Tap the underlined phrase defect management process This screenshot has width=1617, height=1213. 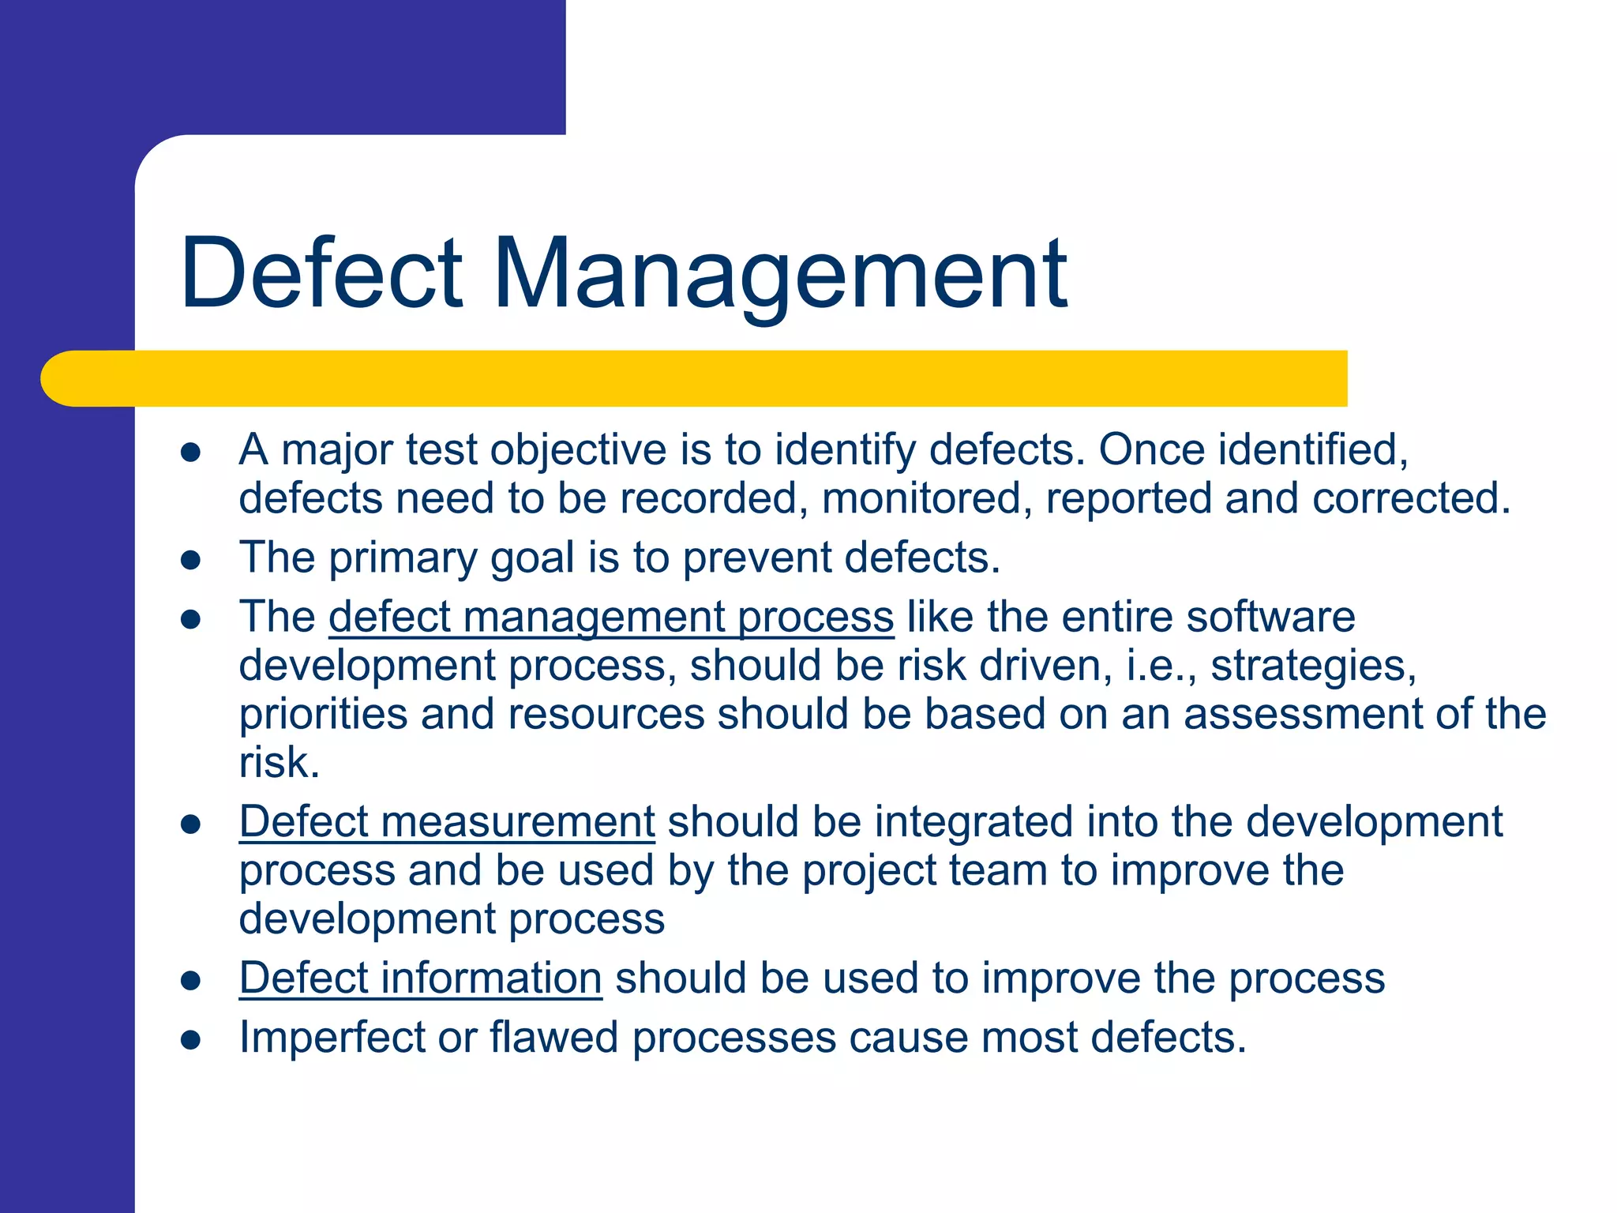[x=611, y=617]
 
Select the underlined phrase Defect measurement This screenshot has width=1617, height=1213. [x=447, y=822]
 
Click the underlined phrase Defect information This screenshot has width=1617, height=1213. [x=420, y=978]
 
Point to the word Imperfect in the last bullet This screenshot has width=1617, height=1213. [x=332, y=1037]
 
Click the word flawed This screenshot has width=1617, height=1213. [x=553, y=1037]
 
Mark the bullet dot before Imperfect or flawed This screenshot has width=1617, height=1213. [x=190, y=1040]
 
